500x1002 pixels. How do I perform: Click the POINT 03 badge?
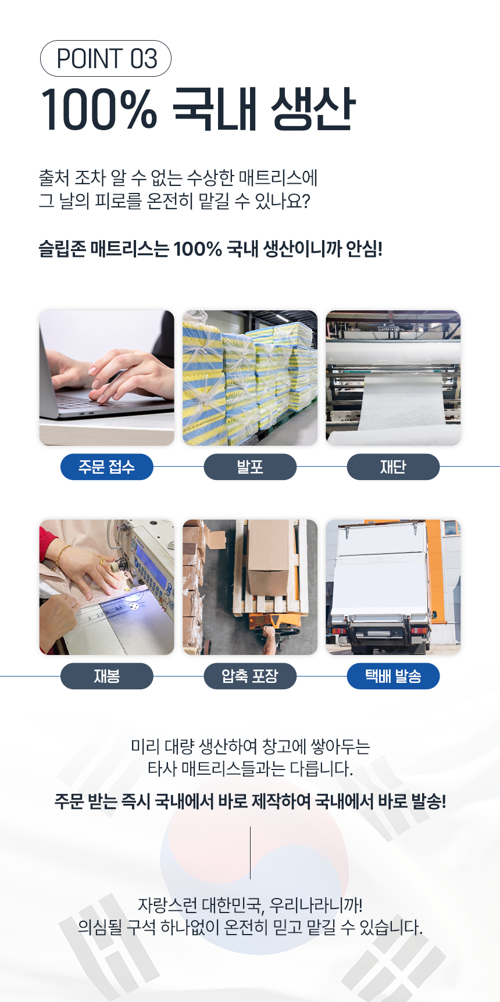click(105, 59)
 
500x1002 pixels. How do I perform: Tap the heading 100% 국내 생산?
click(198, 109)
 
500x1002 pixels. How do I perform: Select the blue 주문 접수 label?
click(107, 467)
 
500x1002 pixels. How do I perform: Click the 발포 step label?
click(250, 467)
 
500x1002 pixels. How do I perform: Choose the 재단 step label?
click(393, 467)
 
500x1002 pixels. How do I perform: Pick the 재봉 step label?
click(107, 676)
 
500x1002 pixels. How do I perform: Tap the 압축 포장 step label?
click(250, 676)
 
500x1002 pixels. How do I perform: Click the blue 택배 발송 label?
click(393, 676)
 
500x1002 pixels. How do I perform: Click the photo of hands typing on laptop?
click(107, 378)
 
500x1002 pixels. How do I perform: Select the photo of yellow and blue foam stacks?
click(250, 378)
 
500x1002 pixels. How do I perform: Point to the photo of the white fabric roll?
click(393, 378)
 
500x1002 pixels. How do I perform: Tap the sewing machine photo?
click(107, 587)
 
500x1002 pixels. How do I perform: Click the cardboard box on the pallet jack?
click(269, 558)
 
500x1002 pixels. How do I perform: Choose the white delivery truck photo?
click(393, 587)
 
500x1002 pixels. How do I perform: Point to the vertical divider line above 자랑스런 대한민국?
click(250, 853)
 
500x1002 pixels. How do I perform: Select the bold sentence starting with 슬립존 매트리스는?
click(210, 249)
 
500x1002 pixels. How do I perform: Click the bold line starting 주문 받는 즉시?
click(250, 801)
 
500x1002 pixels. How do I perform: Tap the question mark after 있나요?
click(306, 201)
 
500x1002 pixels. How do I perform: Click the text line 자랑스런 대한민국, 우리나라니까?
click(250, 905)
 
